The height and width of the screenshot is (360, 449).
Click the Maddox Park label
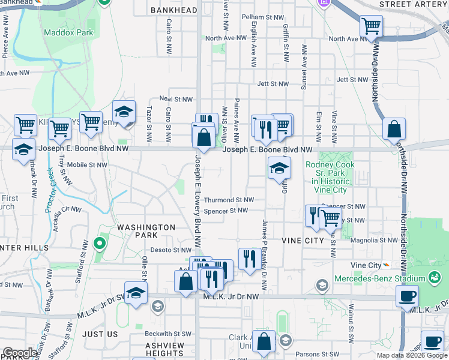click(68, 32)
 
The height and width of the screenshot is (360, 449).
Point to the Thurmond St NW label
click(229, 200)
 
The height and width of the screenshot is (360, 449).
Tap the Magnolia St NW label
click(375, 240)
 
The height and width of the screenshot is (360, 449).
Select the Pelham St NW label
click(262, 18)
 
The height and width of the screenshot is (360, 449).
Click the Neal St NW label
click(176, 99)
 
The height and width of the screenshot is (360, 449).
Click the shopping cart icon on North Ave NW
click(372, 26)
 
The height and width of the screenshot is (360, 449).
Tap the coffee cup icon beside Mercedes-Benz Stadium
click(408, 296)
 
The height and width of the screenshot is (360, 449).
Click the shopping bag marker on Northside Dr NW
click(393, 129)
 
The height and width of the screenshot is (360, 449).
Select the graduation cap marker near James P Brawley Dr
click(279, 168)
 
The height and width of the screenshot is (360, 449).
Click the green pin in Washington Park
click(99, 244)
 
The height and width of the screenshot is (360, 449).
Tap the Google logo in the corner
click(20, 353)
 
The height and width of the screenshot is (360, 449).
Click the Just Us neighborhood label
click(100, 334)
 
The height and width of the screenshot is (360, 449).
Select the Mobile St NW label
click(86, 164)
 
